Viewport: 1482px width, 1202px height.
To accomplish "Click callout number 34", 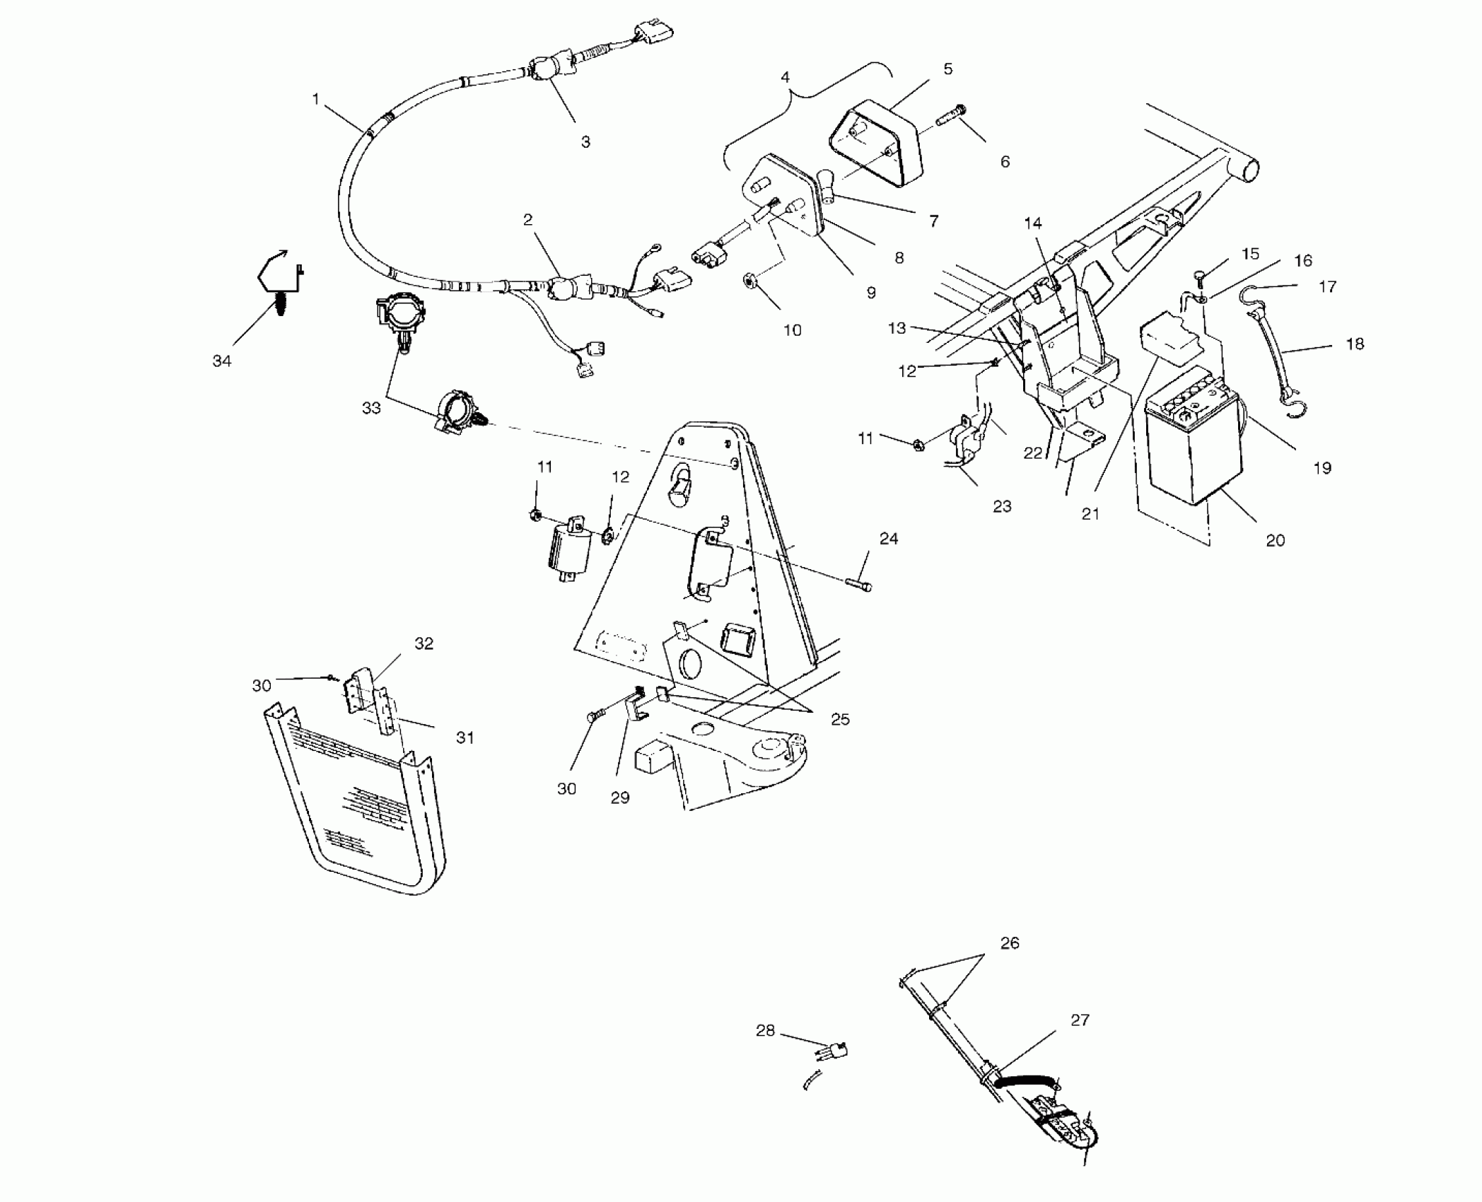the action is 222,361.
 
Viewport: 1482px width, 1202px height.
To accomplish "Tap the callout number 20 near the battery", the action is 1275,541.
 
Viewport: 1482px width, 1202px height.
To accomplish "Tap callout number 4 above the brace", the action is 785,77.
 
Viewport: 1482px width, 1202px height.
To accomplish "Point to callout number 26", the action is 1010,943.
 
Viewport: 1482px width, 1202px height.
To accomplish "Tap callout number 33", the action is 371,408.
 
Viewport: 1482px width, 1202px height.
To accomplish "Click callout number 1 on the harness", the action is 316,100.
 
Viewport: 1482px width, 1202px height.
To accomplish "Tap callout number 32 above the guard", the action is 424,643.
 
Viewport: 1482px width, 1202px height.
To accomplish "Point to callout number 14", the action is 1033,223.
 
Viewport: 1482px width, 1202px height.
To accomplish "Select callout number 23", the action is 1002,506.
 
